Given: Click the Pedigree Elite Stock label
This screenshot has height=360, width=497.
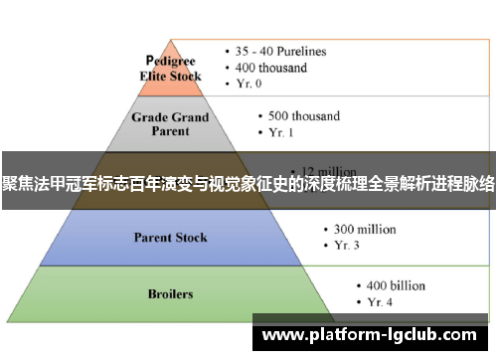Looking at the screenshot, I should click(174, 68).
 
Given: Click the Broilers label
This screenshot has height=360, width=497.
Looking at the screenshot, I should click(170, 294).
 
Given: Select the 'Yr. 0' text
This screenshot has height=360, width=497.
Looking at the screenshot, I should click(252, 85).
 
